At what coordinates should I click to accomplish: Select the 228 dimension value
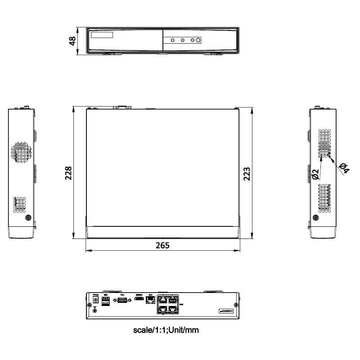pos(68,173)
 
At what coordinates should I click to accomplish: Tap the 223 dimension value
pos(247,173)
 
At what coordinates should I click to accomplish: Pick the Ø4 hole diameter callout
pos(344,168)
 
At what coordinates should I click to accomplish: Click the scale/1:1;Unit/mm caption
pos(166,330)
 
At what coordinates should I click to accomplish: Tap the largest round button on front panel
pos(198,40)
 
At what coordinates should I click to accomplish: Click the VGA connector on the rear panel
pos(121,301)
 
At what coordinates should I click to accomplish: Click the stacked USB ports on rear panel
pos(106,301)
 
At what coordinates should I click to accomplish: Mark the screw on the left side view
pos(28,218)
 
